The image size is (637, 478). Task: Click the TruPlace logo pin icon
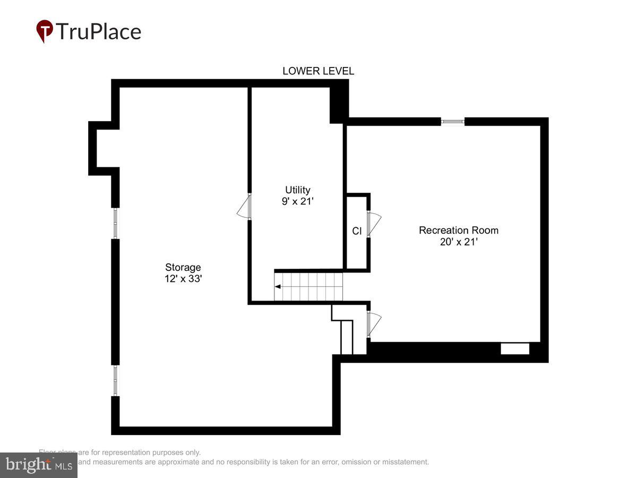pyautogui.click(x=45, y=30)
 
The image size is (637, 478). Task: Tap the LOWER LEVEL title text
pyautogui.click(x=318, y=71)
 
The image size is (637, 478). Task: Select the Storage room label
pyautogui.click(x=183, y=267)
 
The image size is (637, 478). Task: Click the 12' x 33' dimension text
pyautogui.click(x=183, y=279)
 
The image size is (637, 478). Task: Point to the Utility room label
pyautogui.click(x=297, y=190)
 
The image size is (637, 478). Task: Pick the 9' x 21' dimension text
pyautogui.click(x=297, y=201)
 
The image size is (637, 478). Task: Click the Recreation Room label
pyautogui.click(x=459, y=230)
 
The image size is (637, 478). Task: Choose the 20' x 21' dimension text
pyautogui.click(x=459, y=242)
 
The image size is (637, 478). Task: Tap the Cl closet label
pyautogui.click(x=357, y=231)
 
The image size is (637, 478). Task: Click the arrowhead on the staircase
pyautogui.click(x=278, y=287)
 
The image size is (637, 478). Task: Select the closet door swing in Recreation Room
pyautogui.click(x=374, y=224)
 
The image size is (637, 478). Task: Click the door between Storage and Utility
pyautogui.click(x=244, y=207)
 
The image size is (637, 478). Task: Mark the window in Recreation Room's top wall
pyautogui.click(x=453, y=122)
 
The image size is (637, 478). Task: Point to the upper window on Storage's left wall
pyautogui.click(x=115, y=223)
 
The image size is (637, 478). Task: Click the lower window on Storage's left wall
pyautogui.click(x=115, y=380)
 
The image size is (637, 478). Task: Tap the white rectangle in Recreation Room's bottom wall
pyautogui.click(x=515, y=349)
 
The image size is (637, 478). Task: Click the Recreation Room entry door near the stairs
pyautogui.click(x=374, y=323)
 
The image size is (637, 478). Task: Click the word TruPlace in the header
pyautogui.click(x=98, y=31)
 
